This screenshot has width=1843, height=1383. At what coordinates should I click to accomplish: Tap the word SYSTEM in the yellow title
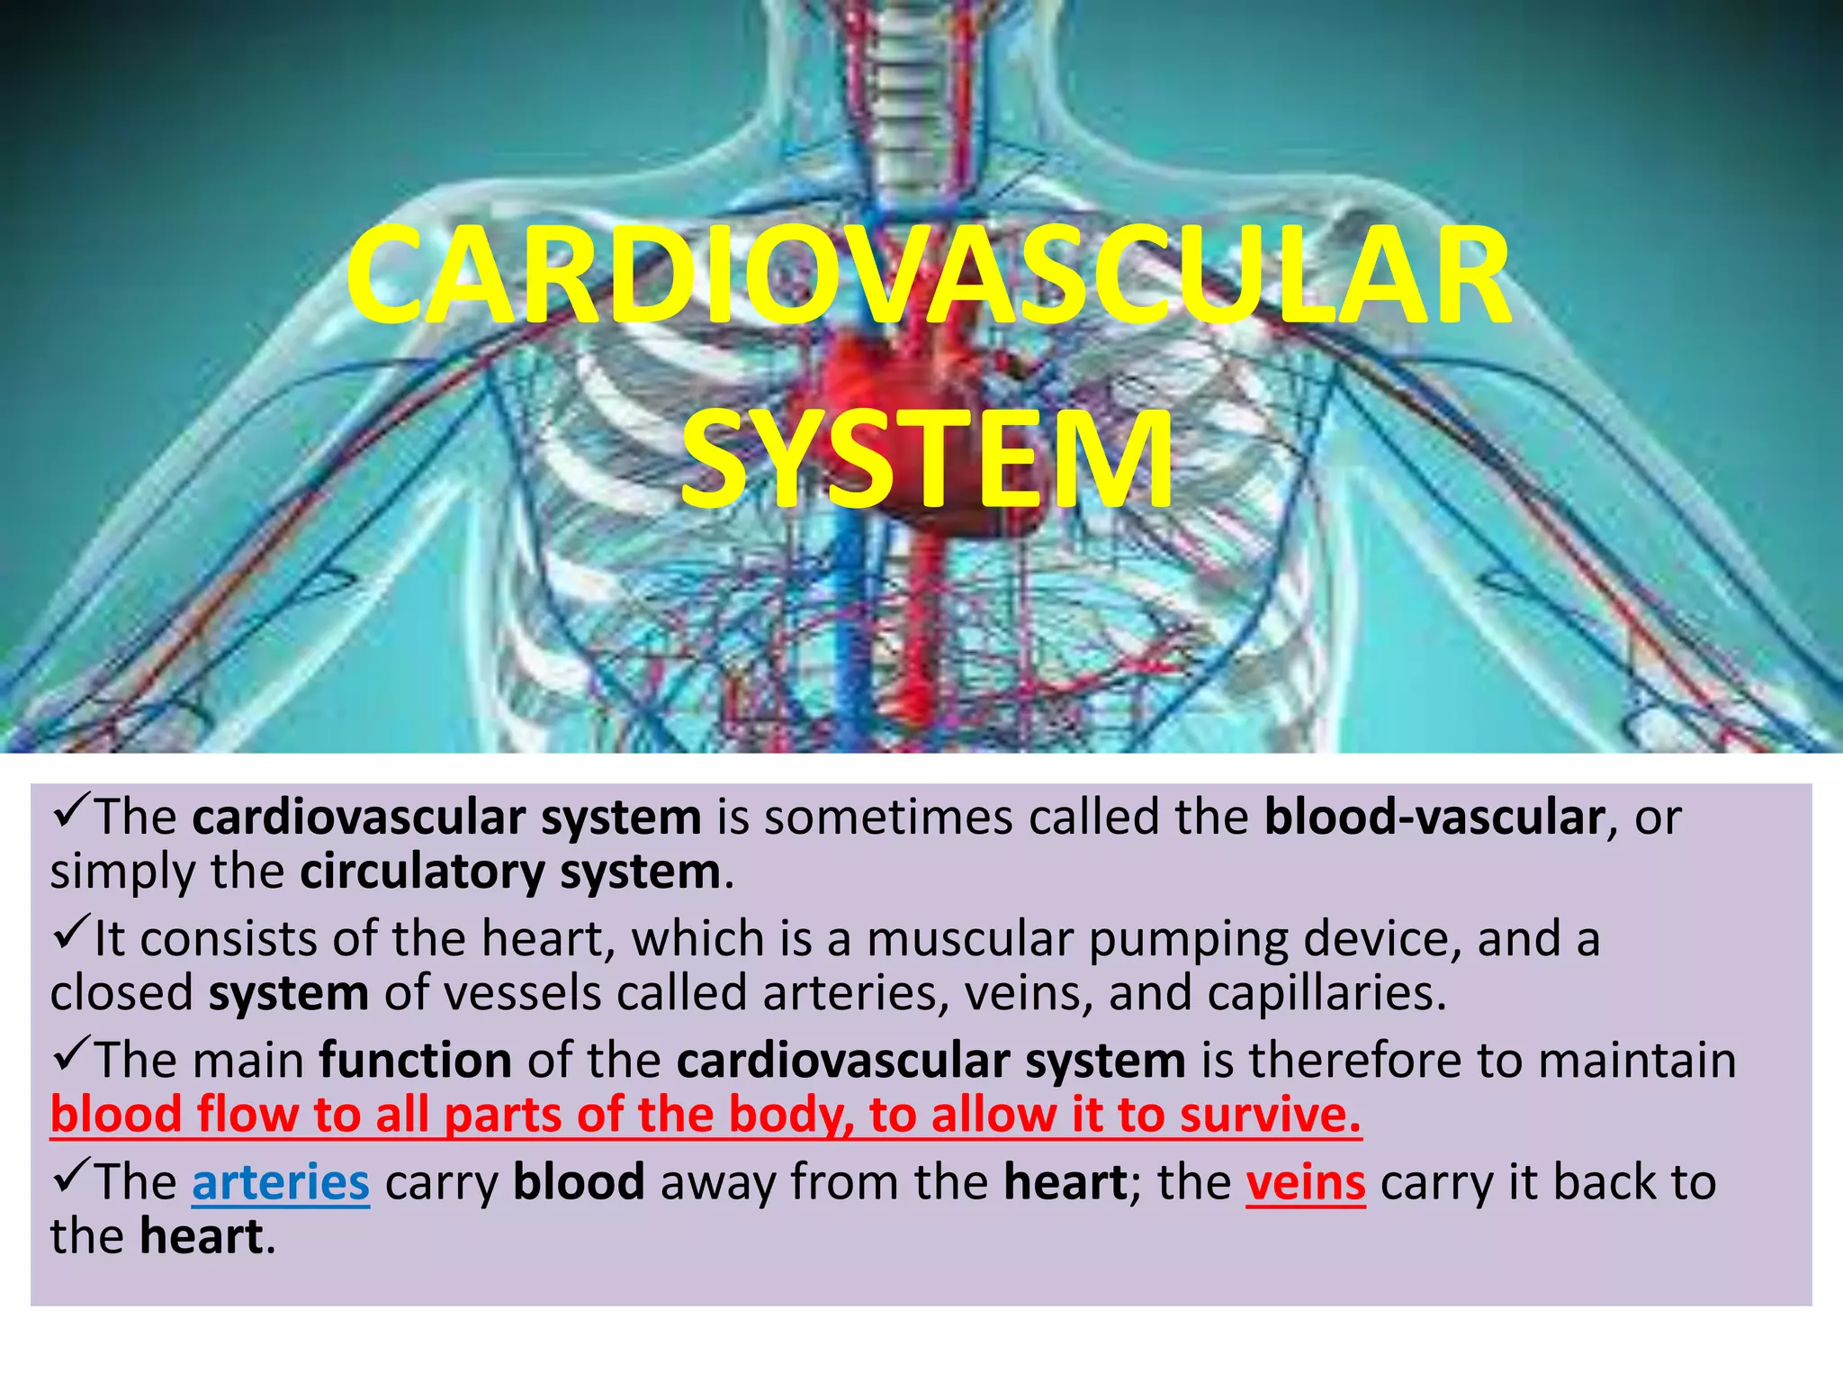[927, 459]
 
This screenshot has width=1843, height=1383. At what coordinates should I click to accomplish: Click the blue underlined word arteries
[281, 1182]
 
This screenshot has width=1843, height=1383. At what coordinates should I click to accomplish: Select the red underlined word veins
[1306, 1182]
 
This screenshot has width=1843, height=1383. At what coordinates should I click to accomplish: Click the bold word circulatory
[422, 872]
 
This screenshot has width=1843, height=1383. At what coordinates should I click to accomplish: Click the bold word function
[416, 1060]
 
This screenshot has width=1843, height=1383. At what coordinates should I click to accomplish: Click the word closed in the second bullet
[121, 992]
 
